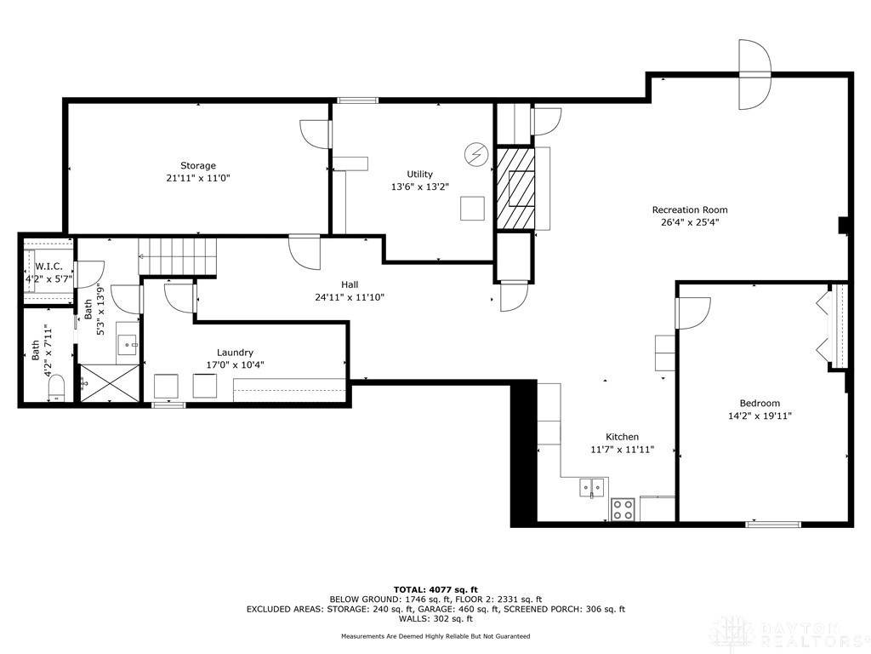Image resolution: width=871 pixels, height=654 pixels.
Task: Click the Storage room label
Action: [x=197, y=165]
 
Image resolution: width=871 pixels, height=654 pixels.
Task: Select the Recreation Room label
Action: [x=690, y=209]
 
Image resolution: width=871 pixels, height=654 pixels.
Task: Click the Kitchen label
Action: [x=622, y=437]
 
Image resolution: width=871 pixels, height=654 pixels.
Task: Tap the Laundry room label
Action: [x=235, y=352]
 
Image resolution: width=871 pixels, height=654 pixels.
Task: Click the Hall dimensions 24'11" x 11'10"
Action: [x=350, y=297]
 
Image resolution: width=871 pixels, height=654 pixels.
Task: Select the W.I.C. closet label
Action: [x=49, y=267]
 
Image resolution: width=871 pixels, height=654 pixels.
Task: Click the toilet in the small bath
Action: [x=56, y=390]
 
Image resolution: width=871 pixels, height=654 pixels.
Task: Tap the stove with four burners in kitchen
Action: [x=623, y=509]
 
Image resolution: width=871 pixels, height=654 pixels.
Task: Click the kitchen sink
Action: [x=592, y=487]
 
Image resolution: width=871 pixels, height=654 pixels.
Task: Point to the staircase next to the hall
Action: [x=178, y=257]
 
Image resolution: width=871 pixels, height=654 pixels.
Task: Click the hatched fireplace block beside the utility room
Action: [x=515, y=188]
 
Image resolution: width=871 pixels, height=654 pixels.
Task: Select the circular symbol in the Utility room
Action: [x=475, y=154]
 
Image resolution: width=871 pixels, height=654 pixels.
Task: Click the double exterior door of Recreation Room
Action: [x=754, y=75]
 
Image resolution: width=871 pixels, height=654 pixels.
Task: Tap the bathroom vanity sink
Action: [x=128, y=345]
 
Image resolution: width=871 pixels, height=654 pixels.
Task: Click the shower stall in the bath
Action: [x=109, y=383]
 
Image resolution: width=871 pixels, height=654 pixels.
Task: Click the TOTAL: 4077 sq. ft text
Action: [x=435, y=589]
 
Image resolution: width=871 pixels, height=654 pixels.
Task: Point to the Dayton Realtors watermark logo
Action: [x=787, y=633]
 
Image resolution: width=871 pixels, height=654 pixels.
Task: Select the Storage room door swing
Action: [x=315, y=134]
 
